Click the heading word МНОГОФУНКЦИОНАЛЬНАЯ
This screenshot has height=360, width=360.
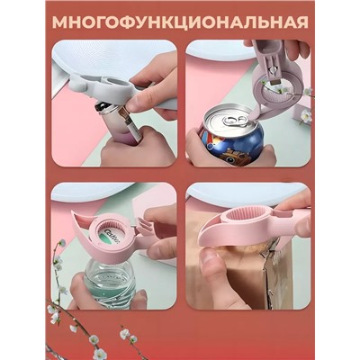point(180,21)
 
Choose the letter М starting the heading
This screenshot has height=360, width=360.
point(59,21)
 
